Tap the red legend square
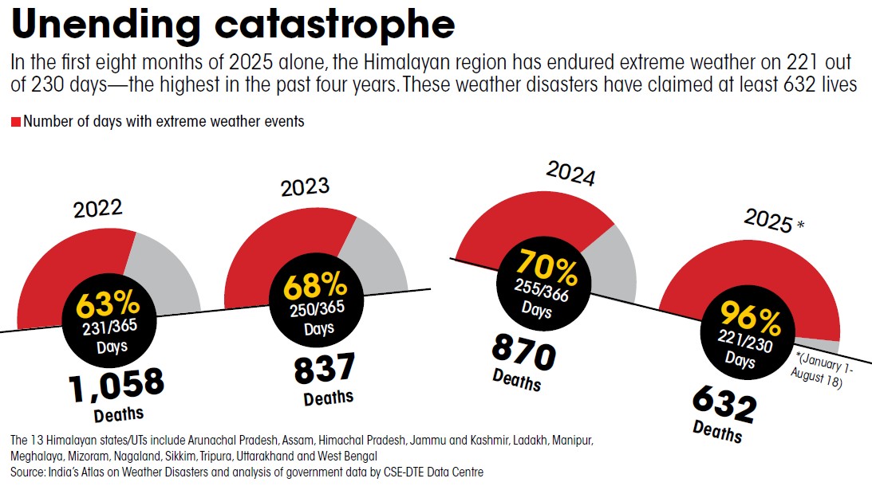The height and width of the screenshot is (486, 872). tap(15, 122)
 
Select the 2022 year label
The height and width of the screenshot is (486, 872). tap(98, 209)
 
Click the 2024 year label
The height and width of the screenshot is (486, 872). tap(570, 173)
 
